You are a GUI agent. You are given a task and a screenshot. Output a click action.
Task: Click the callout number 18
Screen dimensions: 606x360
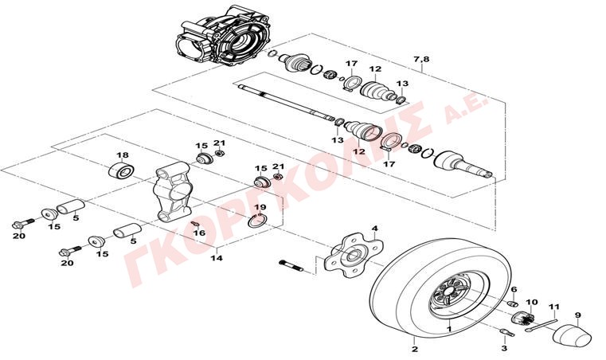[123, 155]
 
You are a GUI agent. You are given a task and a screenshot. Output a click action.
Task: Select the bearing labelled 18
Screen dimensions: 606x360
[120, 171]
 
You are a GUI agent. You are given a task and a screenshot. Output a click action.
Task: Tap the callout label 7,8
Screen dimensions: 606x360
[421, 60]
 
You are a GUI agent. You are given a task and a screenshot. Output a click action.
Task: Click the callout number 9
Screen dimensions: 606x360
[578, 315]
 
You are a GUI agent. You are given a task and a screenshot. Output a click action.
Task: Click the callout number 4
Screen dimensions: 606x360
[374, 229]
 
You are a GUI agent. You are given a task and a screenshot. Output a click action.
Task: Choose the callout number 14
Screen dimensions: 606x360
[217, 258]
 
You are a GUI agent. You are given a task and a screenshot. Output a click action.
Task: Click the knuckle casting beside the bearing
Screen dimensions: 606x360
[173, 192]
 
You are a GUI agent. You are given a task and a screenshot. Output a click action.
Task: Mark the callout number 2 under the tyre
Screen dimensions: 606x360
[415, 350]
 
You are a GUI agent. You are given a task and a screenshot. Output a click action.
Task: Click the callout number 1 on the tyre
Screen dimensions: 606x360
[449, 329]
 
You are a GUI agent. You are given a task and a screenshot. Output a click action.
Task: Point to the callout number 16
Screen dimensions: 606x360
[199, 233]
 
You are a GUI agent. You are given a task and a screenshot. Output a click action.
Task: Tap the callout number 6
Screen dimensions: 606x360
[514, 290]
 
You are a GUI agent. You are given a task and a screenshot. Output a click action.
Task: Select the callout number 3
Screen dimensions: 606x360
[504, 348]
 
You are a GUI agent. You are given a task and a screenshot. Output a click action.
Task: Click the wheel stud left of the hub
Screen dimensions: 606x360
[291, 266]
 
